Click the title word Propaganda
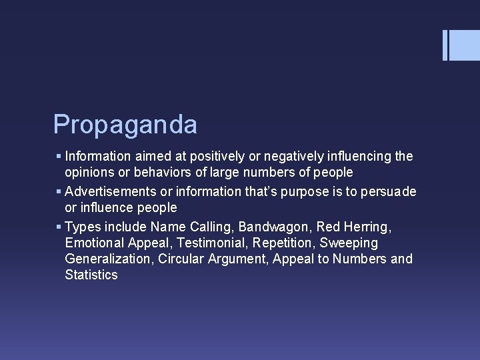pyautogui.click(x=125, y=125)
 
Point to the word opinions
pyautogui.click(x=89, y=173)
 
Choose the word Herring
pyautogui.click(x=366, y=226)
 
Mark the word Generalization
pyautogui.click(x=108, y=259)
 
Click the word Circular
pyautogui.click(x=182, y=259)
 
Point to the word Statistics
pyautogui.click(x=91, y=275)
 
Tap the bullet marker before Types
pyautogui.click(x=59, y=226)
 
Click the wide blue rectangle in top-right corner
pyautogui.click(x=465, y=45)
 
